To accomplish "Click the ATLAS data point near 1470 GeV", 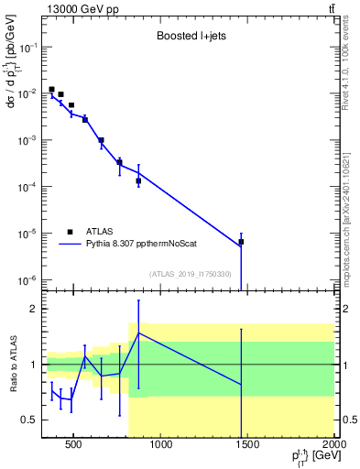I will [241, 242].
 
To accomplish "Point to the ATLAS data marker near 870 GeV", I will [138, 180].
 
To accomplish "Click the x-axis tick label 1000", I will [161, 446].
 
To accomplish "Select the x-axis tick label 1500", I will [248, 446].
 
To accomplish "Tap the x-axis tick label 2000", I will [333, 446].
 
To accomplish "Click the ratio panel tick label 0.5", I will [27, 420].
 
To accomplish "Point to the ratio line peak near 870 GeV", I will [138, 333].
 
